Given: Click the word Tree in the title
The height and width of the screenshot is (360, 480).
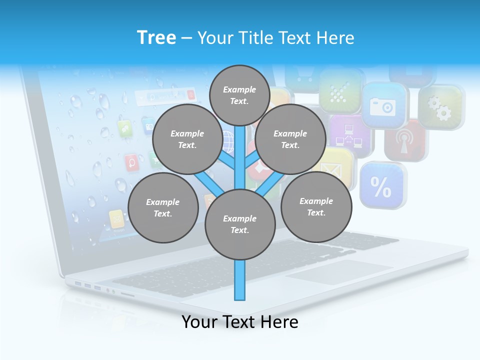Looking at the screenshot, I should (x=156, y=37).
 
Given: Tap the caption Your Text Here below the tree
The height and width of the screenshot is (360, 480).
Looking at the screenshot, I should (x=240, y=322).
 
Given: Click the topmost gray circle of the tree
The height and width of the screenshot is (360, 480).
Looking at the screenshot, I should (x=240, y=95).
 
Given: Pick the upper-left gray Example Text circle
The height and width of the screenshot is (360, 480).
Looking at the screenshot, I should (x=187, y=139).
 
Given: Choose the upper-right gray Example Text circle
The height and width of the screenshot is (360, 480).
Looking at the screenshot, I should (x=290, y=139).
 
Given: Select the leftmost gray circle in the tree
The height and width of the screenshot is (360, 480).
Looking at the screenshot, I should (x=163, y=207).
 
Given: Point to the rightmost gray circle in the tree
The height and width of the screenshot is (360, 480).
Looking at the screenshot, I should (x=316, y=206).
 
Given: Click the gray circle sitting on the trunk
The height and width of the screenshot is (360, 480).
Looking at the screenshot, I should (x=240, y=224).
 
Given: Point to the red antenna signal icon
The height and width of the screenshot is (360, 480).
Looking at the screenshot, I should (x=403, y=141).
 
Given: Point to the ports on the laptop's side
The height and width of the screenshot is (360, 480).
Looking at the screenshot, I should (x=88, y=285).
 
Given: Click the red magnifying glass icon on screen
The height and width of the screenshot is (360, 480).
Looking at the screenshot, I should (x=132, y=162).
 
